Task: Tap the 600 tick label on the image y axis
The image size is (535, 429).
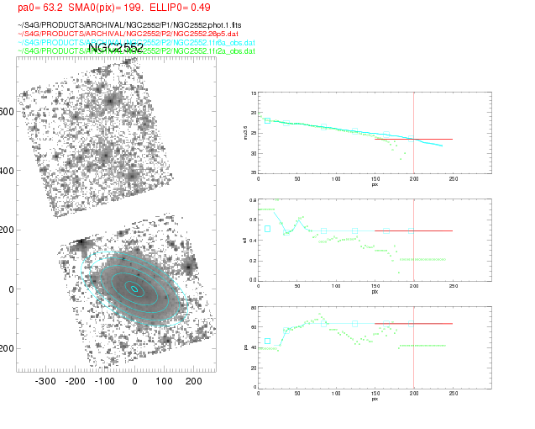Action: [8, 112]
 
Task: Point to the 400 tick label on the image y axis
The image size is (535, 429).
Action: [8, 171]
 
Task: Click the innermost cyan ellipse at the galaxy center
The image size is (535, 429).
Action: [134, 289]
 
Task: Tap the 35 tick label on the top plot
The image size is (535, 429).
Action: [253, 172]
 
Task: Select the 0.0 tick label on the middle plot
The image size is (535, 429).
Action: [252, 279]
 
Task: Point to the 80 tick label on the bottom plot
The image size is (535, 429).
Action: [254, 308]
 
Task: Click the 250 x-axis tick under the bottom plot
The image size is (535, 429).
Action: [453, 394]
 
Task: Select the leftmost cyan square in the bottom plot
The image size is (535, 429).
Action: [267, 342]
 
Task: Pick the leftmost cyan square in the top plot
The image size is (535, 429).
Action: [267, 121]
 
